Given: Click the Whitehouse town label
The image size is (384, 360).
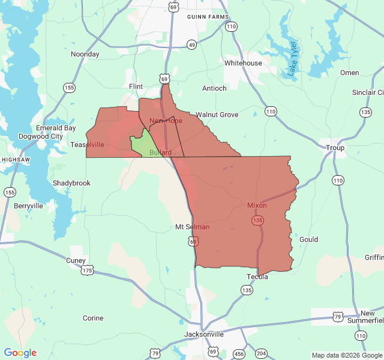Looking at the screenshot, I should (243, 63).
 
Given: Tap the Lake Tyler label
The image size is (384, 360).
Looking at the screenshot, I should (292, 59).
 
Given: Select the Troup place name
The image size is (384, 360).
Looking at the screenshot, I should (335, 148).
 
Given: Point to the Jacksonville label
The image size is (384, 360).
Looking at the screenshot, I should (204, 334).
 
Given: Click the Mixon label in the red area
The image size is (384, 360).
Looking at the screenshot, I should (257, 205).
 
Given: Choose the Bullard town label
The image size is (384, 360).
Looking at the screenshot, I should (160, 152).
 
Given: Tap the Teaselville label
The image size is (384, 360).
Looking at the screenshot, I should (88, 145).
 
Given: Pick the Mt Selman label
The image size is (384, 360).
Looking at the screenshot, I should (193, 227).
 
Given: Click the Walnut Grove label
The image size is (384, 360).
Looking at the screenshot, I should (217, 115).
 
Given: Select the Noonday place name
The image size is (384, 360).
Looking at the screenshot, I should (85, 54).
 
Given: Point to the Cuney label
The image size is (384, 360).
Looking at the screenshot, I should (76, 260).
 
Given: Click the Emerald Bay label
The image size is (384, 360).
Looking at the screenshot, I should (56, 128).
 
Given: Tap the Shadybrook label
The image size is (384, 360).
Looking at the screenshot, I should (71, 183).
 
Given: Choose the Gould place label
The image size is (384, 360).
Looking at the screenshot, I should (308, 239).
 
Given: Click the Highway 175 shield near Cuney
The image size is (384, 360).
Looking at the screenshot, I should (88, 271).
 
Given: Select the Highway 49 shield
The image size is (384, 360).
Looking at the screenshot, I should (191, 45).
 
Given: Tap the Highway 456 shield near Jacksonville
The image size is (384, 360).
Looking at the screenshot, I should (239, 353).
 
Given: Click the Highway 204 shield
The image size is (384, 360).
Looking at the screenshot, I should (261, 353).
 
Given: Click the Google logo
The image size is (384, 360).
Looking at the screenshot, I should (20, 353).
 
